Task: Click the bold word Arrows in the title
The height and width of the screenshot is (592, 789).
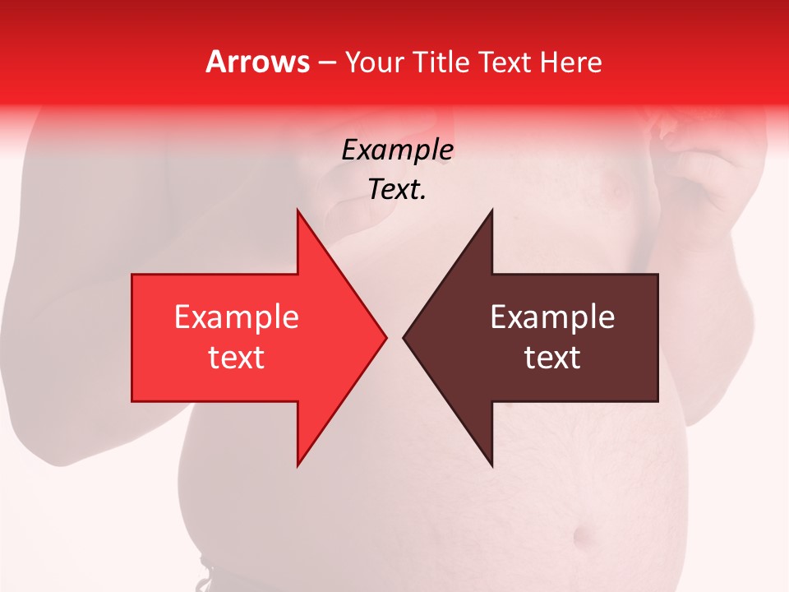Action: tap(257, 62)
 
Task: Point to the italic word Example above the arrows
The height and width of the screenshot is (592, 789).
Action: tap(397, 150)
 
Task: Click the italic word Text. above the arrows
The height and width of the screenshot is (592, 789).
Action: tap(397, 190)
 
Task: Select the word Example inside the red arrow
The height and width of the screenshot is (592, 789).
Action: tap(236, 317)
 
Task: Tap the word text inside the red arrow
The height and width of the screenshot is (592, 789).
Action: tap(236, 358)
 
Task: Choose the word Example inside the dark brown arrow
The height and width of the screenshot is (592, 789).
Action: tap(552, 317)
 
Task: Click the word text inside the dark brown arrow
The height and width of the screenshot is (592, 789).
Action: tap(552, 358)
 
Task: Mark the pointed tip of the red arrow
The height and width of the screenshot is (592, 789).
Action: tap(385, 337)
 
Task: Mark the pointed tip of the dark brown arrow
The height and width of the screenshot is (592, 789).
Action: tap(404, 337)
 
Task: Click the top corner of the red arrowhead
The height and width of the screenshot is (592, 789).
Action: tap(298, 210)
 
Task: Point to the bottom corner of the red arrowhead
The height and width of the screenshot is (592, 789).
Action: tap(298, 465)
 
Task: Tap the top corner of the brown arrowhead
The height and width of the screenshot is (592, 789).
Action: tap(491, 210)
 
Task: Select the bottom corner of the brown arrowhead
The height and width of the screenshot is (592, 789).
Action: tap(491, 465)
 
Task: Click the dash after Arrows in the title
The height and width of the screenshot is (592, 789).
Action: tap(326, 62)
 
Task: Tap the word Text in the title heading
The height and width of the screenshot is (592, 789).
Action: tap(505, 62)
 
